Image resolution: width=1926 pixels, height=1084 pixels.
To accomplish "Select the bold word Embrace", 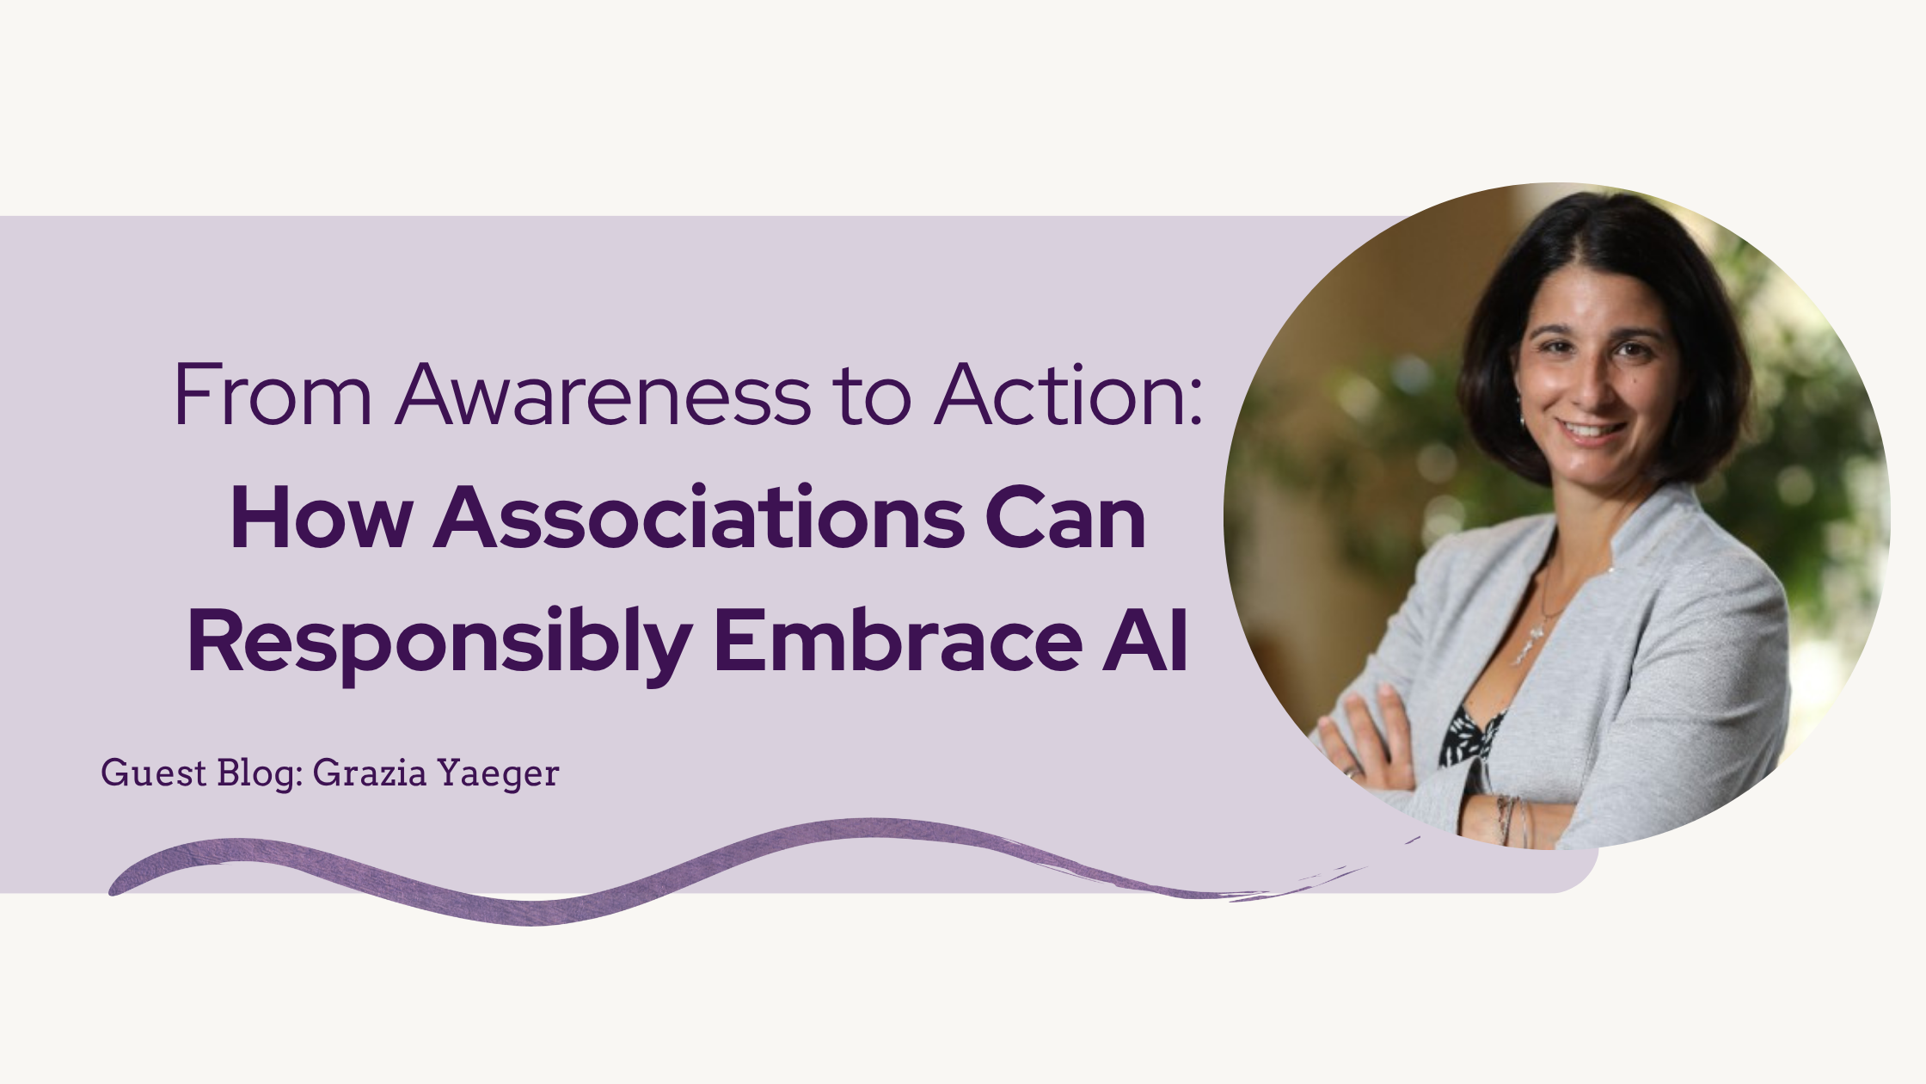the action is [x=898, y=640].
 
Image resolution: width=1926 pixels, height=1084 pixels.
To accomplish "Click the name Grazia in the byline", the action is [x=370, y=773].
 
